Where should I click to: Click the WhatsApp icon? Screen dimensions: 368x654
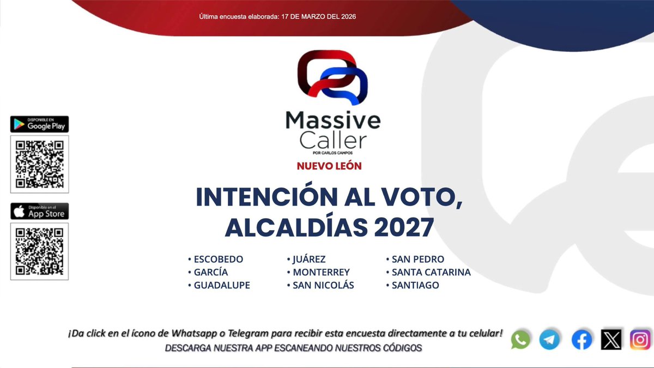pyautogui.click(x=520, y=340)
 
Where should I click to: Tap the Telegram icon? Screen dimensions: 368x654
pyautogui.click(x=549, y=340)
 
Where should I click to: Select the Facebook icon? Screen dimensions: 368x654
pyautogui.click(x=582, y=340)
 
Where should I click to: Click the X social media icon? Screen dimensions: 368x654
pyautogui.click(x=611, y=340)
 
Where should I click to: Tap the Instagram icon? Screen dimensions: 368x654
pyautogui.click(x=640, y=340)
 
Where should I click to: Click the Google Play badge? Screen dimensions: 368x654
pyautogui.click(x=39, y=124)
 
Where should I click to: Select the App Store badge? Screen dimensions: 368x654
pyautogui.click(x=39, y=212)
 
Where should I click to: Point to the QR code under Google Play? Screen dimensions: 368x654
pyautogui.click(x=39, y=164)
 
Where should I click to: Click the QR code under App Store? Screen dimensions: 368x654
pyautogui.click(x=39, y=251)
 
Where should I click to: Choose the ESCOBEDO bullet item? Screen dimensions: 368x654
pyautogui.click(x=219, y=259)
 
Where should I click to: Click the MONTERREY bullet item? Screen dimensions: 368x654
pyautogui.click(x=321, y=272)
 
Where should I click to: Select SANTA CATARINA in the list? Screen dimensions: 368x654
pyautogui.click(x=431, y=272)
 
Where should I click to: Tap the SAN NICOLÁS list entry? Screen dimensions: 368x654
pyautogui.click(x=323, y=285)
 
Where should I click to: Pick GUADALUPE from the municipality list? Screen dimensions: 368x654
pyautogui.click(x=222, y=285)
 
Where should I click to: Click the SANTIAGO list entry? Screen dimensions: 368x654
pyautogui.click(x=415, y=285)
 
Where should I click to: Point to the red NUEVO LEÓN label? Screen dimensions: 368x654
pyautogui.click(x=329, y=166)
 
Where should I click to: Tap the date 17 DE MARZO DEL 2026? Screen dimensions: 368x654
pyautogui.click(x=319, y=17)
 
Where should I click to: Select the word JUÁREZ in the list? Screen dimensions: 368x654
pyautogui.click(x=309, y=259)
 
